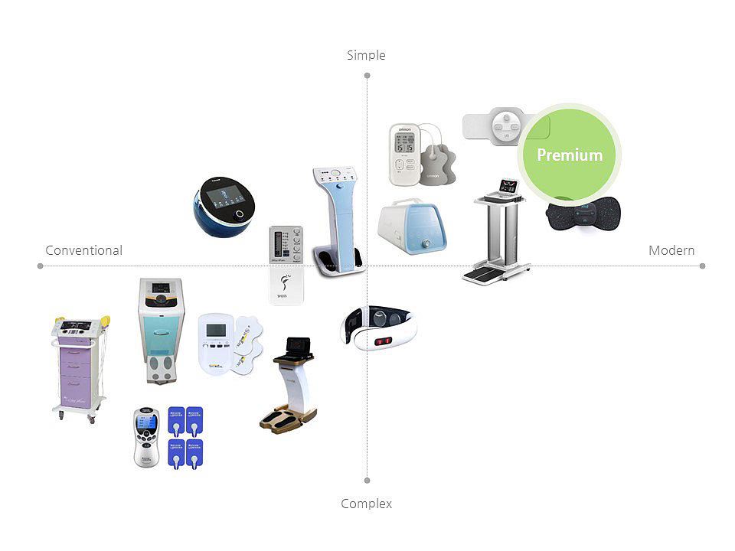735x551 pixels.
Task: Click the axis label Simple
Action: pyautogui.click(x=366, y=55)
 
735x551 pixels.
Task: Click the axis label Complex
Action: pyautogui.click(x=366, y=504)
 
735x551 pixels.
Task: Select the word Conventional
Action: pyautogui.click(x=83, y=250)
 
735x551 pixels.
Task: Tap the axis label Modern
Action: pyautogui.click(x=671, y=250)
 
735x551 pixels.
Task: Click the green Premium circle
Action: pyautogui.click(x=569, y=155)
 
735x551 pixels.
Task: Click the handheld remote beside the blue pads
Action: pyautogui.click(x=146, y=437)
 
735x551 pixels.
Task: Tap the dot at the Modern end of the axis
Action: pyautogui.click(x=702, y=266)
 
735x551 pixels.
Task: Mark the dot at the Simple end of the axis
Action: pyautogui.click(x=367, y=75)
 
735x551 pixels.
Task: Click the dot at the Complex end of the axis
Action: pyautogui.click(x=367, y=481)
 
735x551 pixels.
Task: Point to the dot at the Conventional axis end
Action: pyautogui.click(x=40, y=266)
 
